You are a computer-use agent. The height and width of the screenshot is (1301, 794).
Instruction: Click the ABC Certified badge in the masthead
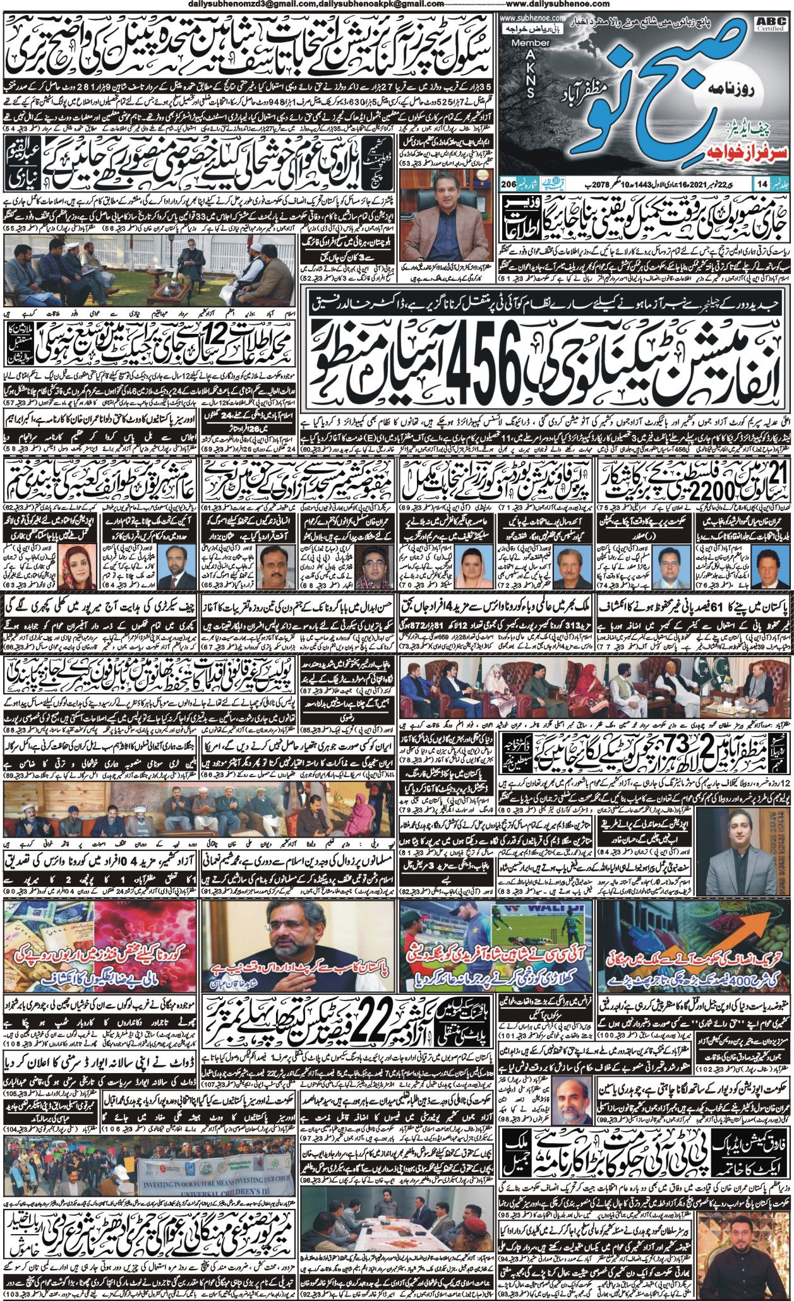pyautogui.click(x=770, y=24)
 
